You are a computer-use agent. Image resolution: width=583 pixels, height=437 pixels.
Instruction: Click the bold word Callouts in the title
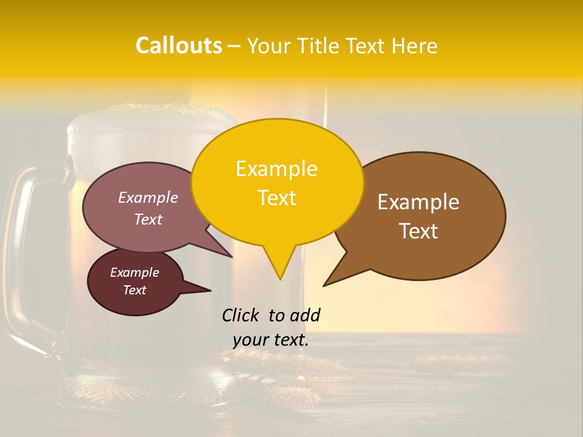click(x=179, y=46)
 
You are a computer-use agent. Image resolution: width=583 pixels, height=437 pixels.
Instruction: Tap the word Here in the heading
click(x=415, y=46)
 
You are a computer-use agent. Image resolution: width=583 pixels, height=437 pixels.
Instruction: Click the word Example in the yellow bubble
click(x=276, y=169)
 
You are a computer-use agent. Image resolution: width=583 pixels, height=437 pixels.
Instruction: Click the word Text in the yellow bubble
click(x=277, y=198)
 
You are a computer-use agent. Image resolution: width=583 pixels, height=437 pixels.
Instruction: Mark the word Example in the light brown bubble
click(x=418, y=202)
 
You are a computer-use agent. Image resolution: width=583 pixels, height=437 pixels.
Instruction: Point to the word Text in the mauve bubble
click(x=148, y=219)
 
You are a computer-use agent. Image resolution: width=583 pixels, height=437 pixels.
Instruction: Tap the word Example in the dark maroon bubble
click(x=134, y=273)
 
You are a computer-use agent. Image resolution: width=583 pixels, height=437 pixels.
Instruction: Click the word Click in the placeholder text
click(x=241, y=315)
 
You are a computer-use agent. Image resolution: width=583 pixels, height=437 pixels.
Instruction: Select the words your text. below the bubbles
click(x=271, y=340)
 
